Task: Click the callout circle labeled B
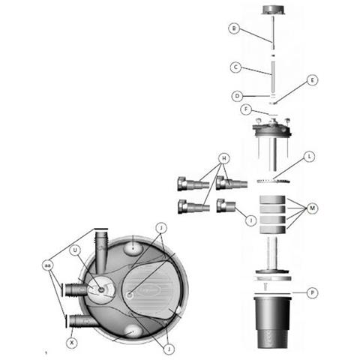tap(234, 28)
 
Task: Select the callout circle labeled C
tap(235, 67)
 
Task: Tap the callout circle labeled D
tap(237, 96)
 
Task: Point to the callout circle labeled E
tap(312, 80)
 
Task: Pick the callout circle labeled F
tap(246, 109)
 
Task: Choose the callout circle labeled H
tap(224, 158)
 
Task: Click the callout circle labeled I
tap(251, 220)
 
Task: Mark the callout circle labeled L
tap(310, 157)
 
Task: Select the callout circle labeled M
tap(312, 208)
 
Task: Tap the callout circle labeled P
tap(312, 292)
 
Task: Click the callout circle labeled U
tap(75, 250)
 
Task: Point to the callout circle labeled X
tap(72, 343)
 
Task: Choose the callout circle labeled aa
tap(47, 265)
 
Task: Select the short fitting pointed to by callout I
tap(226, 205)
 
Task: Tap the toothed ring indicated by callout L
tap(274, 181)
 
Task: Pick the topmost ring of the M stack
tap(272, 199)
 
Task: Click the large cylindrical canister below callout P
tap(273, 322)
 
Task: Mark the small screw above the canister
tap(265, 286)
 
